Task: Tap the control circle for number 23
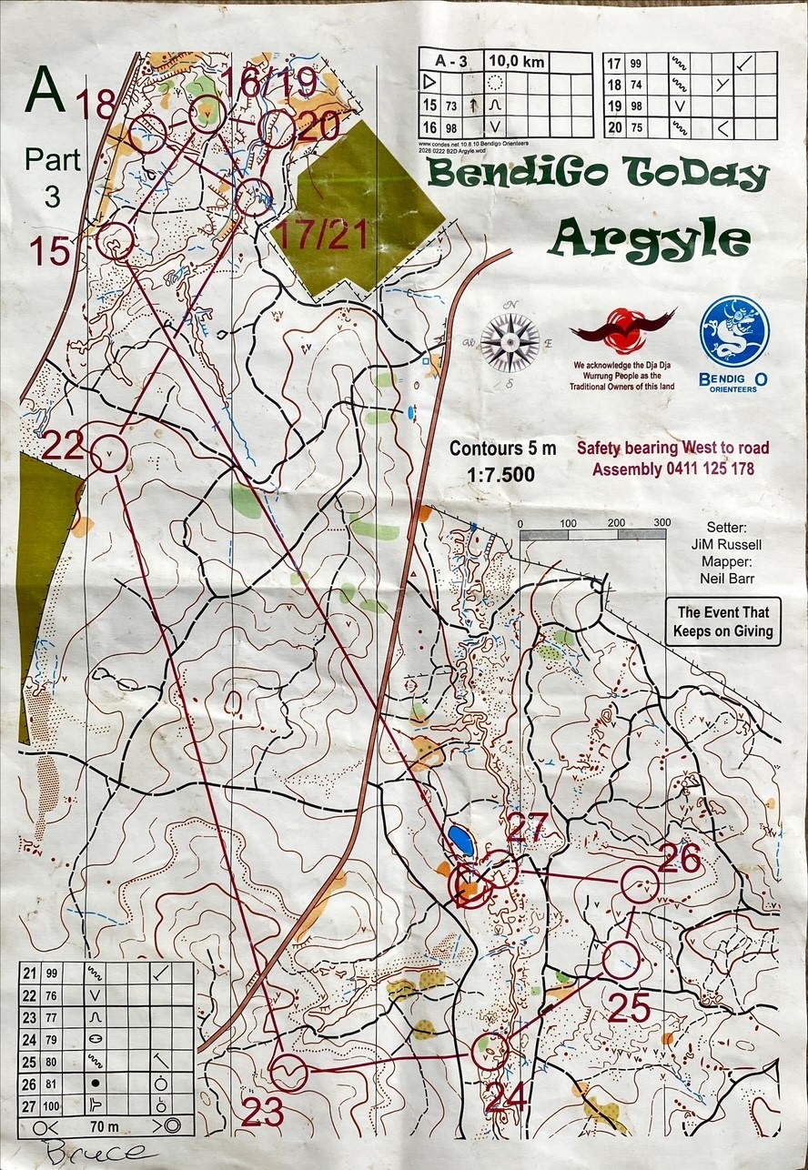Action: click(x=289, y=1073)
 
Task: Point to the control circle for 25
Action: click(x=621, y=958)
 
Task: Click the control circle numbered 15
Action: click(x=116, y=241)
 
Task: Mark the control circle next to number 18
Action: click(x=147, y=135)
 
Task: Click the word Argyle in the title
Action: click(x=650, y=239)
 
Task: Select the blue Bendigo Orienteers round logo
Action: click(x=734, y=332)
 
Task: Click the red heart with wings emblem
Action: click(x=623, y=329)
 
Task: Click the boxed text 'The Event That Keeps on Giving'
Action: click(x=722, y=622)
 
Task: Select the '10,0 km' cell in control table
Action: click(x=512, y=60)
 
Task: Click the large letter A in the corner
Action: click(x=45, y=87)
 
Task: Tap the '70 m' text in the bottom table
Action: click(x=100, y=1125)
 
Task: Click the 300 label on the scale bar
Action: click(x=662, y=522)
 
